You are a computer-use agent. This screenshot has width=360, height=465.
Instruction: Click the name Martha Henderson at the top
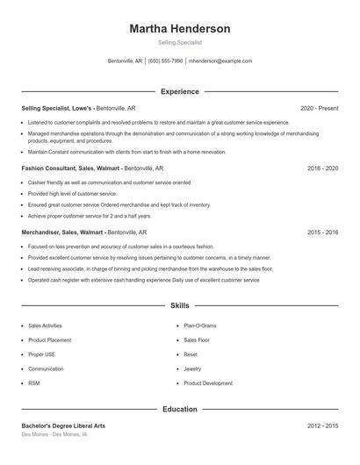tap(179, 29)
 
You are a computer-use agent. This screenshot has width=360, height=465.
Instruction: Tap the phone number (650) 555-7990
tap(166, 61)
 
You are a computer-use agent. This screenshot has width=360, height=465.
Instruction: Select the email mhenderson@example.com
tap(220, 61)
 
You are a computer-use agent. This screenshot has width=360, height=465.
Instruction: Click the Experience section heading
tap(179, 91)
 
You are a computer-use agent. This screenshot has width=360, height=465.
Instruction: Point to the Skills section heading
tap(179, 305)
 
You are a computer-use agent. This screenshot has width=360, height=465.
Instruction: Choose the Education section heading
tap(179, 409)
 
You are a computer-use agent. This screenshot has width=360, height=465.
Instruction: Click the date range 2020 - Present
tap(319, 108)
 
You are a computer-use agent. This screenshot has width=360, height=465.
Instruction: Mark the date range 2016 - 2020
tap(322, 168)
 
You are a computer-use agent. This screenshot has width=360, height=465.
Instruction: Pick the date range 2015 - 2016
tap(322, 232)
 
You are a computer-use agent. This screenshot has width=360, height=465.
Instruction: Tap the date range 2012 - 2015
tap(322, 426)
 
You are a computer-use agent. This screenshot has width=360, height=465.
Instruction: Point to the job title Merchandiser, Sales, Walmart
tap(63, 232)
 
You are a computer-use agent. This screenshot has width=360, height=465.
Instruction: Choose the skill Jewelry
tap(192, 369)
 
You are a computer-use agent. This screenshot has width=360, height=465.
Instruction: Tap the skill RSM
tap(34, 383)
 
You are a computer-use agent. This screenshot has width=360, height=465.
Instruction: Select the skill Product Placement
tap(49, 340)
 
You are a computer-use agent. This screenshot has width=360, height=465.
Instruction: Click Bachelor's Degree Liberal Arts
tap(63, 426)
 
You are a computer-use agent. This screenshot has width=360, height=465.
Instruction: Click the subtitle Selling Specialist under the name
tap(179, 42)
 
